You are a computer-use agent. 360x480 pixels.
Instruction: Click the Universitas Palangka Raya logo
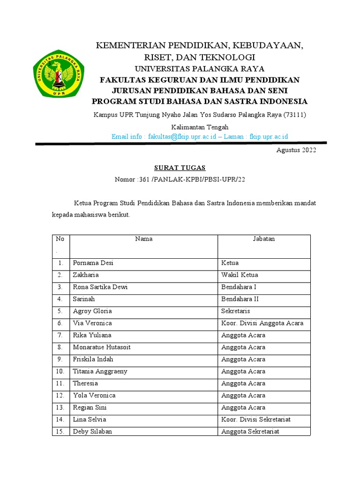point(59,74)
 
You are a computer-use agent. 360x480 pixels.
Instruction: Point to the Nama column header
point(143,239)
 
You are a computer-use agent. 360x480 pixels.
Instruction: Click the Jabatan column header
point(264,239)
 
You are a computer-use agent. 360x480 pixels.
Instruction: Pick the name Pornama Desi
point(93,263)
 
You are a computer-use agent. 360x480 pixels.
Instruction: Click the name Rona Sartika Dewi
point(100,287)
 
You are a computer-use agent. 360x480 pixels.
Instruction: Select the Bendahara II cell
point(240,299)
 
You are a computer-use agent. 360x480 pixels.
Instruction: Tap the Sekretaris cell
point(236,311)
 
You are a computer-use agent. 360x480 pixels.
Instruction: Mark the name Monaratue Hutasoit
point(102,347)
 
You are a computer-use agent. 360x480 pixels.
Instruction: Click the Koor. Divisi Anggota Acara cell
point(262,323)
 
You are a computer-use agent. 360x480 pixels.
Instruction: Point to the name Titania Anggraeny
point(100,371)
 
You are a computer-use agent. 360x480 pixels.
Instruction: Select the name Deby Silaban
point(93,431)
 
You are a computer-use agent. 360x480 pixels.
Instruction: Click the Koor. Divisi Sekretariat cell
point(259,420)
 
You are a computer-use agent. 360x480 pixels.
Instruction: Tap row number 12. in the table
point(60,395)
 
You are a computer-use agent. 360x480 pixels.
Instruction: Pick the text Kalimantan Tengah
point(200,127)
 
